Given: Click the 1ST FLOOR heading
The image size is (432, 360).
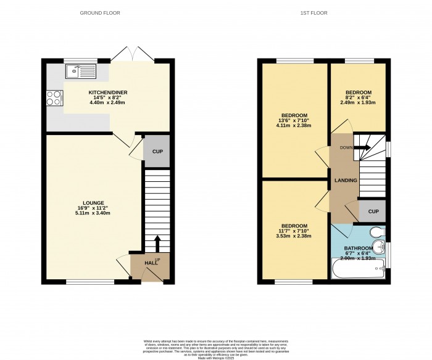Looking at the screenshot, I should [x=314, y=12].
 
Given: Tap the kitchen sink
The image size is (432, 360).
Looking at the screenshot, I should [x=80, y=72].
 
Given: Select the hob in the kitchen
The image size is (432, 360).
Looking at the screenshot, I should [x=53, y=97].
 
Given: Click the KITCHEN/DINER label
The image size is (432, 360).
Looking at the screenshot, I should [x=108, y=92].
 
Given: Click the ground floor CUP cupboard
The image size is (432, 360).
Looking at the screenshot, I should [x=157, y=152].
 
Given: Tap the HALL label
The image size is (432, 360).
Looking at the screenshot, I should [x=150, y=263].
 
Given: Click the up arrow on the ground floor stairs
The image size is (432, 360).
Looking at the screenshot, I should [x=157, y=242].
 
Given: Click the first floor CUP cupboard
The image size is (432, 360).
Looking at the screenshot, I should [x=372, y=211].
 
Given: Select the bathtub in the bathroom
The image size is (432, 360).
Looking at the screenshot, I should [x=357, y=268].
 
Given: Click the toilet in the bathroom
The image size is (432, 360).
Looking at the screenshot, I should [x=375, y=232].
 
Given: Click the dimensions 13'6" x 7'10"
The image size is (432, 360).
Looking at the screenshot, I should [x=293, y=121].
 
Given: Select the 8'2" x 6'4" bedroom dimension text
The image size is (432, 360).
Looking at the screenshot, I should [x=358, y=97].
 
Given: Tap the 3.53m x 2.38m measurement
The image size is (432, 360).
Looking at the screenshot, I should [x=293, y=236].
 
